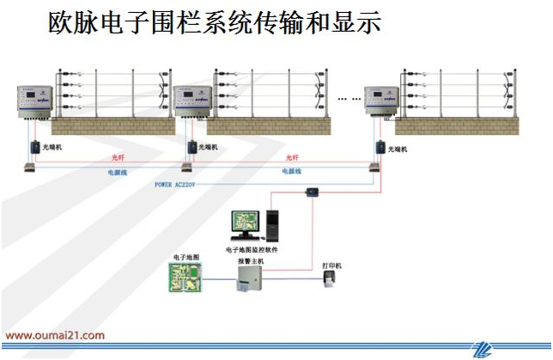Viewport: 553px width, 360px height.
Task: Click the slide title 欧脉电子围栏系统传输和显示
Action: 215,23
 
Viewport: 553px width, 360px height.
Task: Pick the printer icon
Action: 331,281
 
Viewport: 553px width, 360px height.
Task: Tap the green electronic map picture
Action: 186,277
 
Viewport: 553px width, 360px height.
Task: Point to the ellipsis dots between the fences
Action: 349,99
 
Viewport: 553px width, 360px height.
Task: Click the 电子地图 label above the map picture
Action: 185,257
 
